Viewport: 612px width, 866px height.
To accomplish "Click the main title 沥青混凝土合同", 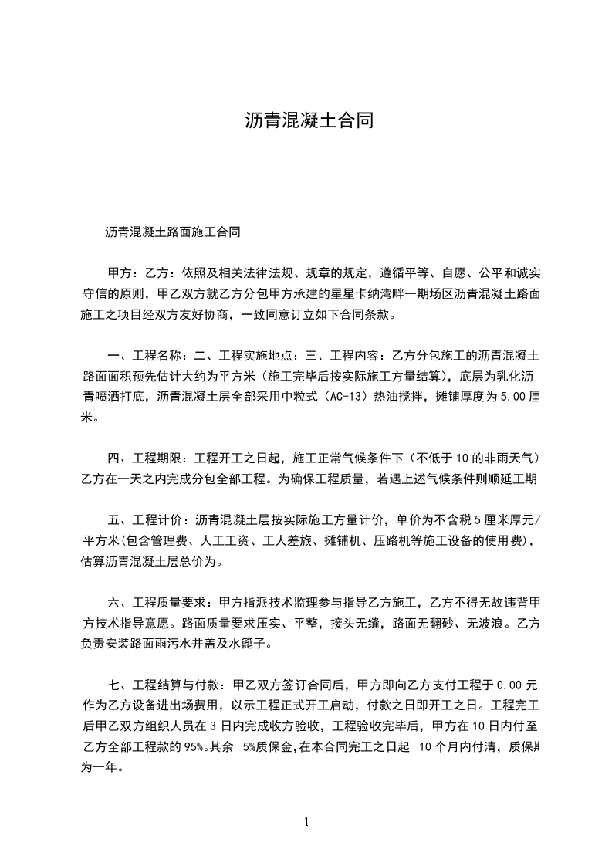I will pos(309,120).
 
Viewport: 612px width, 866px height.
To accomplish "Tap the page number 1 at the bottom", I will pos(306,822).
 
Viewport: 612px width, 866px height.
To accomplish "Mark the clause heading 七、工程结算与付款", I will pos(164,685).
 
